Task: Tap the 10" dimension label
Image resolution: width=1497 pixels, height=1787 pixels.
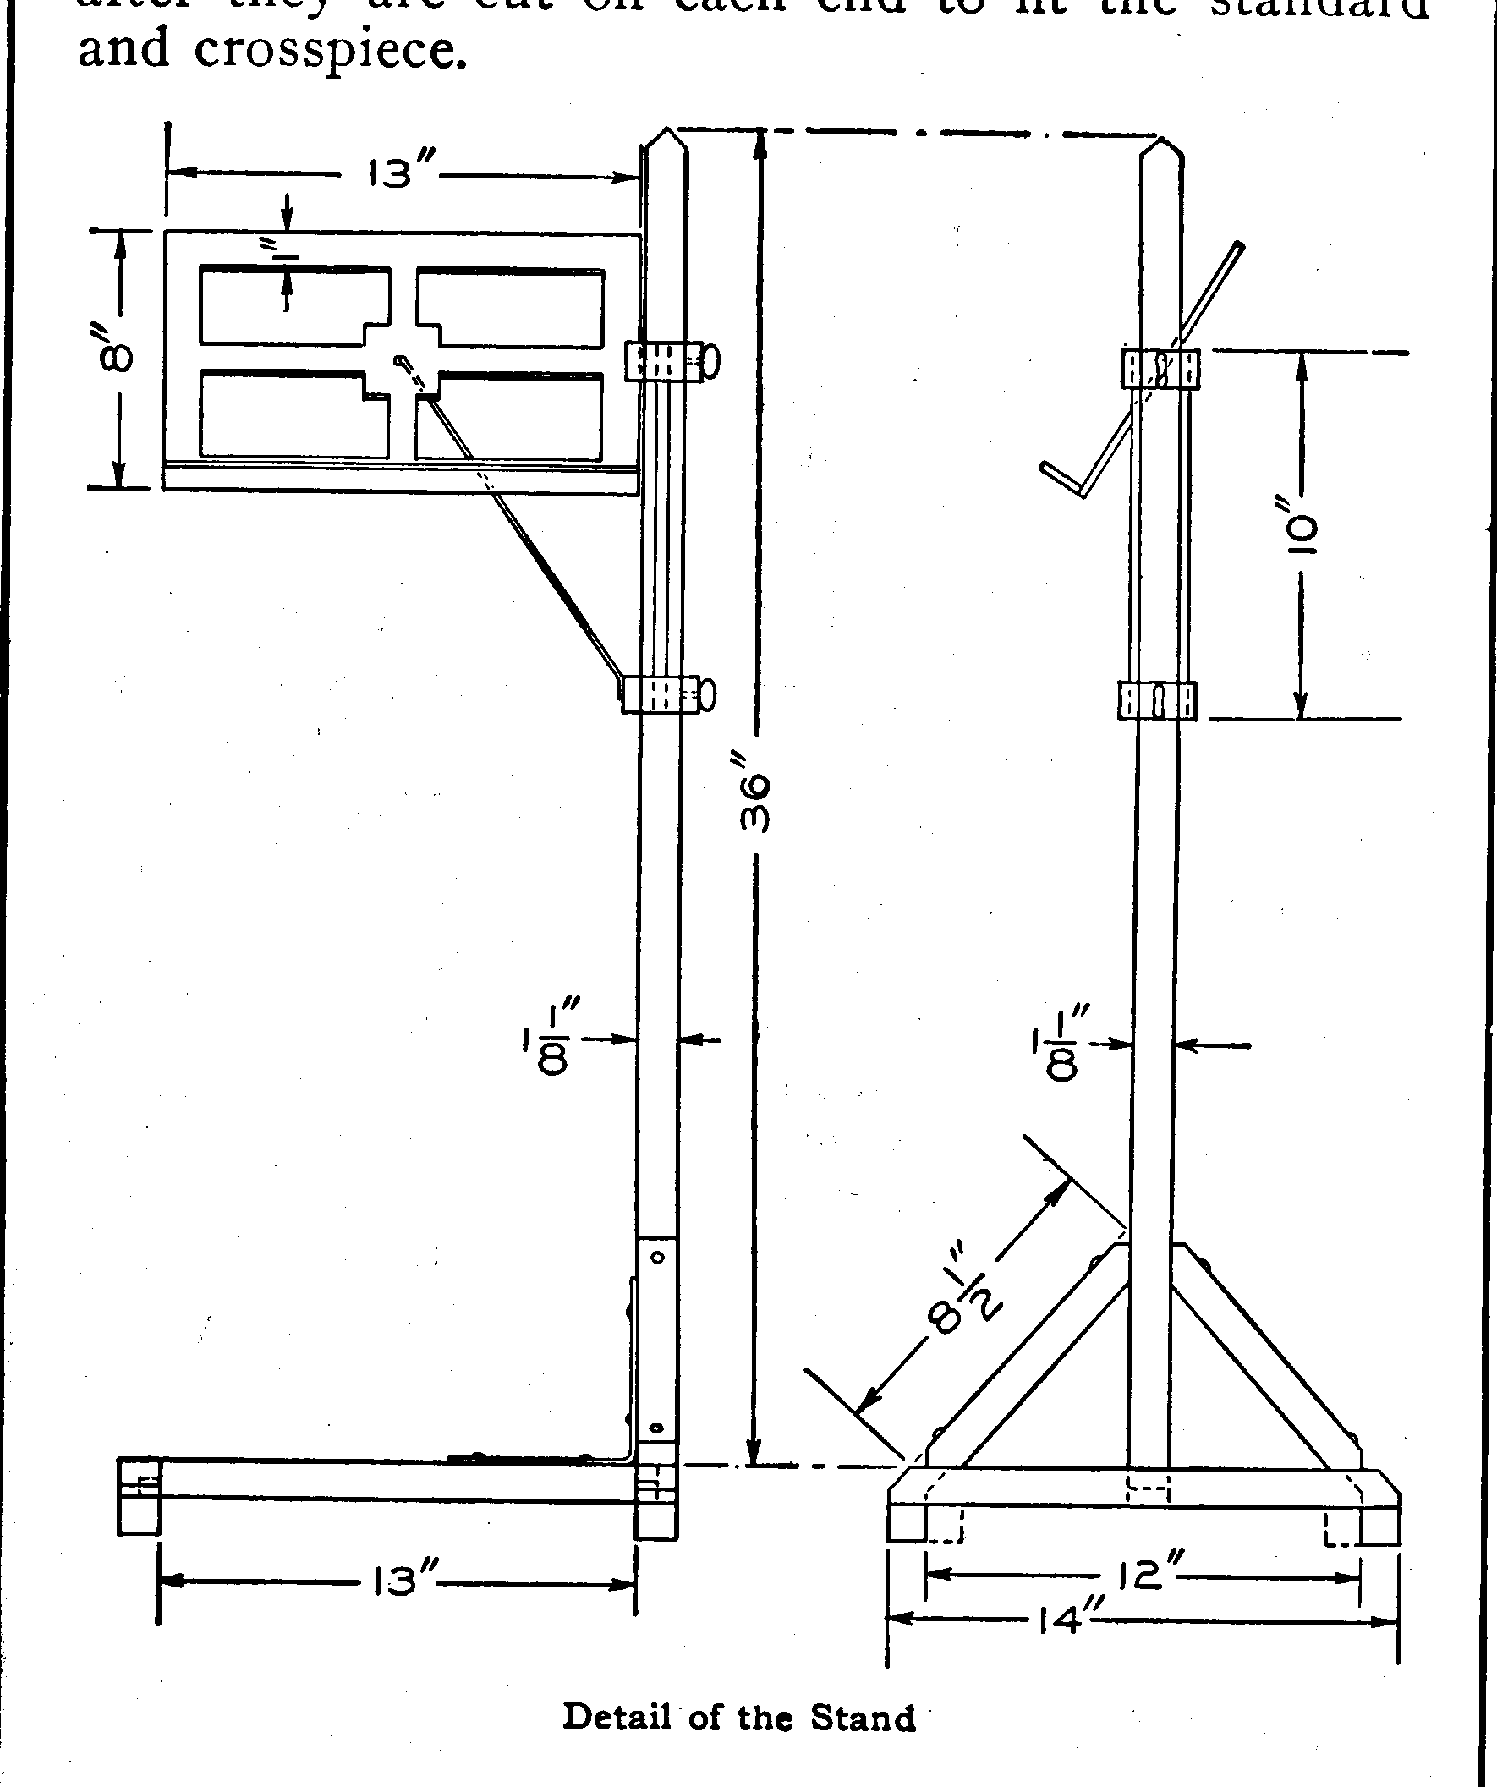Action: click(x=1302, y=534)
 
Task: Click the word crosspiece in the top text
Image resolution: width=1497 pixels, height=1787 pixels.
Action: click(x=330, y=51)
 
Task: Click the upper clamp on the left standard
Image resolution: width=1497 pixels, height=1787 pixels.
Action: click(x=664, y=361)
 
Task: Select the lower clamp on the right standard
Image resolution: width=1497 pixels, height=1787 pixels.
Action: click(x=1156, y=700)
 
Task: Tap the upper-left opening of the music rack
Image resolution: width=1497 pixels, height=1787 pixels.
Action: click(x=294, y=304)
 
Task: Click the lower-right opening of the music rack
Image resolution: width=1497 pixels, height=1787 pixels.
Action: click(x=511, y=417)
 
